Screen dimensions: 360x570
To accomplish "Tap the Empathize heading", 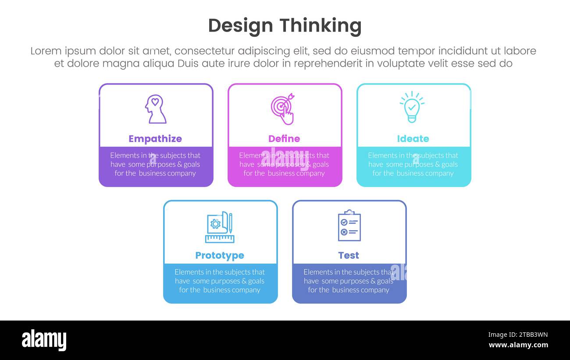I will click(155, 139).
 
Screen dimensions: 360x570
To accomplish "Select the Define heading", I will click(284, 139).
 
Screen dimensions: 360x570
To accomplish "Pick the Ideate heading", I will click(413, 139).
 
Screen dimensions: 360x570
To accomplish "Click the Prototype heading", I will click(220, 255).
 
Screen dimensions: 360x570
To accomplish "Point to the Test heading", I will click(349, 255).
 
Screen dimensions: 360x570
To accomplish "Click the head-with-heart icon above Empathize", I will click(155, 109).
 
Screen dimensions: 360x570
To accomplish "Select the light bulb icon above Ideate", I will click(412, 107).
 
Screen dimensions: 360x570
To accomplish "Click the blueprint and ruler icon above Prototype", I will click(220, 227).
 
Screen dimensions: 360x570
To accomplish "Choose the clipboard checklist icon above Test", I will click(349, 225).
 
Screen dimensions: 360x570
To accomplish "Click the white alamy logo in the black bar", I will click(44, 340).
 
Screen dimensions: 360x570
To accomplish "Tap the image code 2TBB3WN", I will click(518, 335).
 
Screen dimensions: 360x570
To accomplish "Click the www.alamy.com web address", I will click(518, 345).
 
